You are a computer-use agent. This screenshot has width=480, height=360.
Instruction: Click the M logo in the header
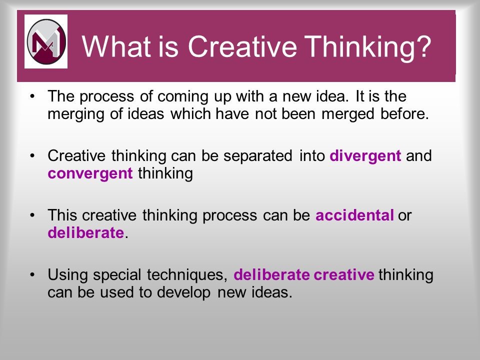tap(46, 41)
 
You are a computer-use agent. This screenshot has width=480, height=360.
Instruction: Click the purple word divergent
tap(365, 156)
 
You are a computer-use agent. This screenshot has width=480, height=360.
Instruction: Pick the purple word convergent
tap(90, 174)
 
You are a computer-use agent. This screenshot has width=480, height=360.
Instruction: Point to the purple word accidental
tap(355, 215)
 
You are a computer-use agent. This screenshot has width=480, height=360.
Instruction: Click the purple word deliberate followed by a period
tap(85, 233)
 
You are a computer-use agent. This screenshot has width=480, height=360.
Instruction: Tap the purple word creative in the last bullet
tap(344, 275)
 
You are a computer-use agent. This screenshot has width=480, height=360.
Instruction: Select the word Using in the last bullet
tap(65, 275)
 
